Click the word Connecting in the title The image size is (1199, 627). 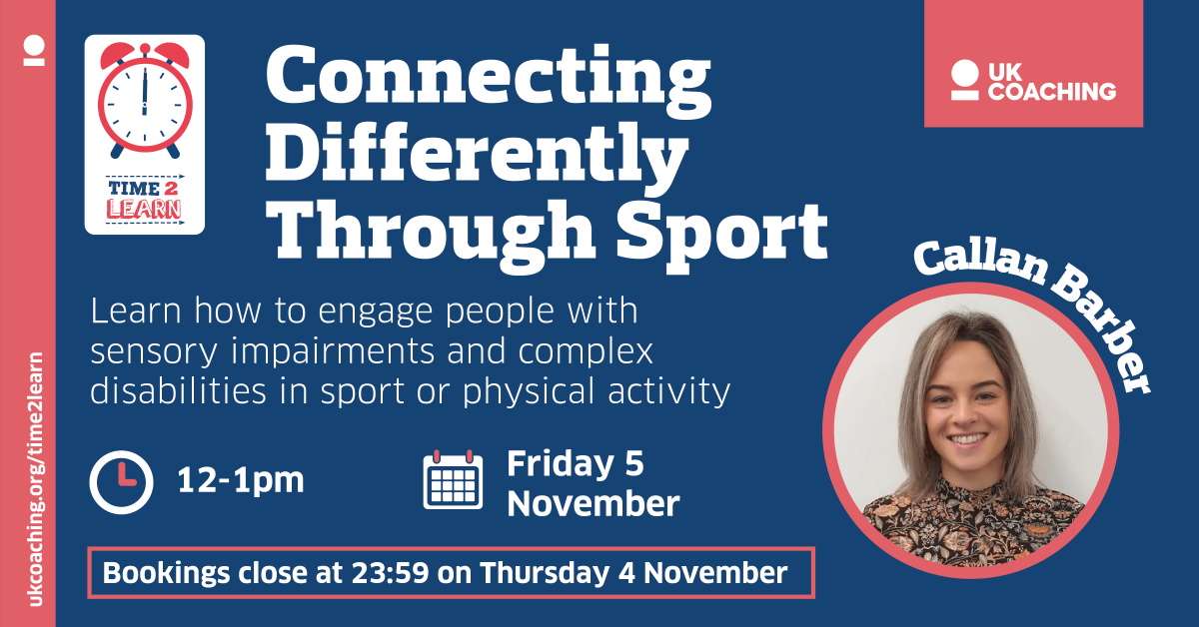[488, 85]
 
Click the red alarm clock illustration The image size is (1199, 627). [145, 100]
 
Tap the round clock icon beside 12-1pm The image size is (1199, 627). [121, 482]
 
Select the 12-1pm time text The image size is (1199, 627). [240, 481]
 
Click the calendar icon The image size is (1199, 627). [453, 481]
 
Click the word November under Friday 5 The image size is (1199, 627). [593, 503]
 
